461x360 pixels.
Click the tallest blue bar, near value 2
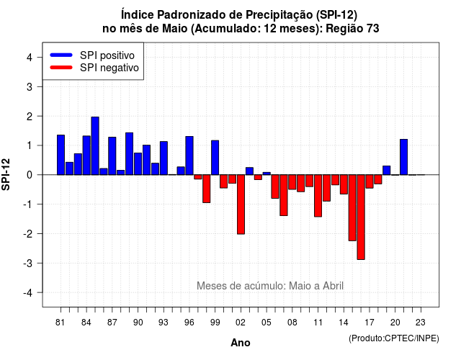[x=95, y=145]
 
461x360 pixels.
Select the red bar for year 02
[x=241, y=204]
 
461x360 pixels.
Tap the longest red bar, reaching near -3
[x=361, y=217]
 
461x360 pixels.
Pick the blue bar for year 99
[x=215, y=158]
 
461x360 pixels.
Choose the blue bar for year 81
[x=61, y=155]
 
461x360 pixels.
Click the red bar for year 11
[x=318, y=196]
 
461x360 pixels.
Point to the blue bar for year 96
[x=189, y=156]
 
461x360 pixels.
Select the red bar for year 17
[x=370, y=181]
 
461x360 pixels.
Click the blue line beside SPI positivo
[x=61, y=55]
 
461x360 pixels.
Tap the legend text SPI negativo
[x=109, y=68]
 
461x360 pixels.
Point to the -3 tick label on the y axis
[x=28, y=263]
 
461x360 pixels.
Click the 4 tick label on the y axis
[x=30, y=57]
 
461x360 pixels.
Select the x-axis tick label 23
[x=421, y=323]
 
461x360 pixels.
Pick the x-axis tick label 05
[x=266, y=323]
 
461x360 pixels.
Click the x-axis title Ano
[x=241, y=343]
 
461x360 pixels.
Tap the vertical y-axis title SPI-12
[x=6, y=174]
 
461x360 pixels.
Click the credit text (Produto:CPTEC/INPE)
[x=394, y=338]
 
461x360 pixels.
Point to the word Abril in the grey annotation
[x=333, y=286]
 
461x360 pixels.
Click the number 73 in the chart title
[x=373, y=29]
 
